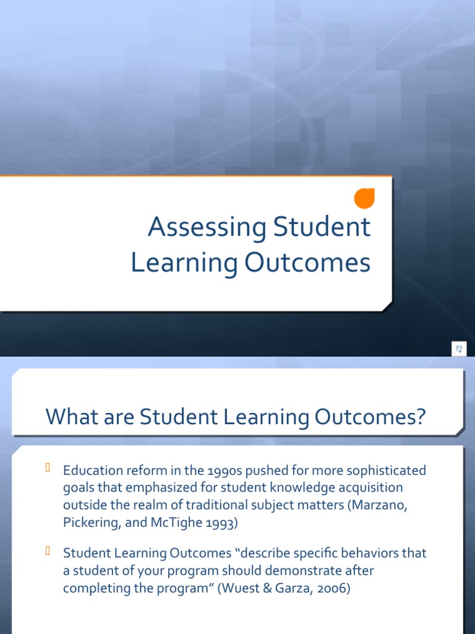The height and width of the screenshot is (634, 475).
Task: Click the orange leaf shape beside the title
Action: point(365,198)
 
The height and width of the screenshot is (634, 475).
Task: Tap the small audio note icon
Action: point(458,349)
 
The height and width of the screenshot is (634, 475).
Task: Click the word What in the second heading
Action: point(68,417)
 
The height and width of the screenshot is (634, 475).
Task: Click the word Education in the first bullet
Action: point(90,471)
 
